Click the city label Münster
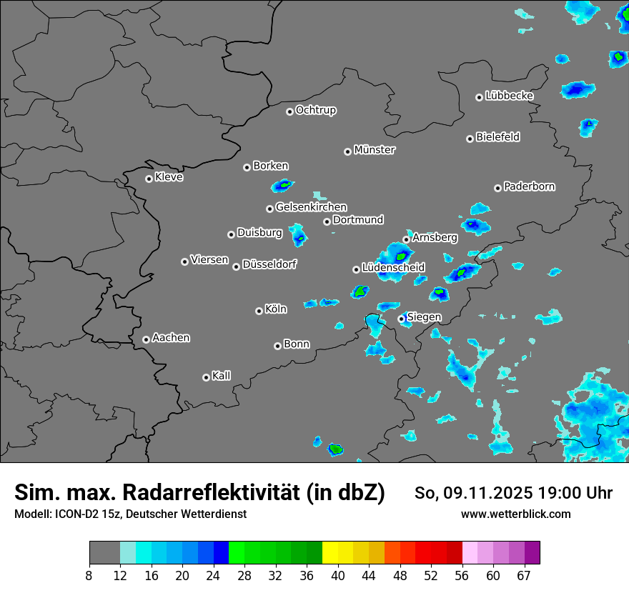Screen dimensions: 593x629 point(375,150)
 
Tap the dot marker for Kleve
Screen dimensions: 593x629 point(149,179)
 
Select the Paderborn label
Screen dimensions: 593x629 point(530,186)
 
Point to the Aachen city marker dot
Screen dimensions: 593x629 point(146,339)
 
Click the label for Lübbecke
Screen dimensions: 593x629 point(509,96)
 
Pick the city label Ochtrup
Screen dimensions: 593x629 point(316,110)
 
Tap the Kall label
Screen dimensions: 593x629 point(222,376)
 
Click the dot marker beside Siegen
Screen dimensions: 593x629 point(401,319)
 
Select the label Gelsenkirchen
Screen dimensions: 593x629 point(311,207)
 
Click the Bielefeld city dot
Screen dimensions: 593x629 point(470,139)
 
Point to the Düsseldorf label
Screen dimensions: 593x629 point(269,264)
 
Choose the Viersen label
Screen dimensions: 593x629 point(209,260)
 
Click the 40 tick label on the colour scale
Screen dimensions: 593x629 point(338,575)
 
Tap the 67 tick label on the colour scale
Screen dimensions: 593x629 point(524,575)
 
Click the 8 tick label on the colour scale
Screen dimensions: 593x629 point(89,575)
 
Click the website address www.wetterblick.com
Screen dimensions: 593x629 point(516,514)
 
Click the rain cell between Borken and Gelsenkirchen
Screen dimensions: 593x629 point(283,186)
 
